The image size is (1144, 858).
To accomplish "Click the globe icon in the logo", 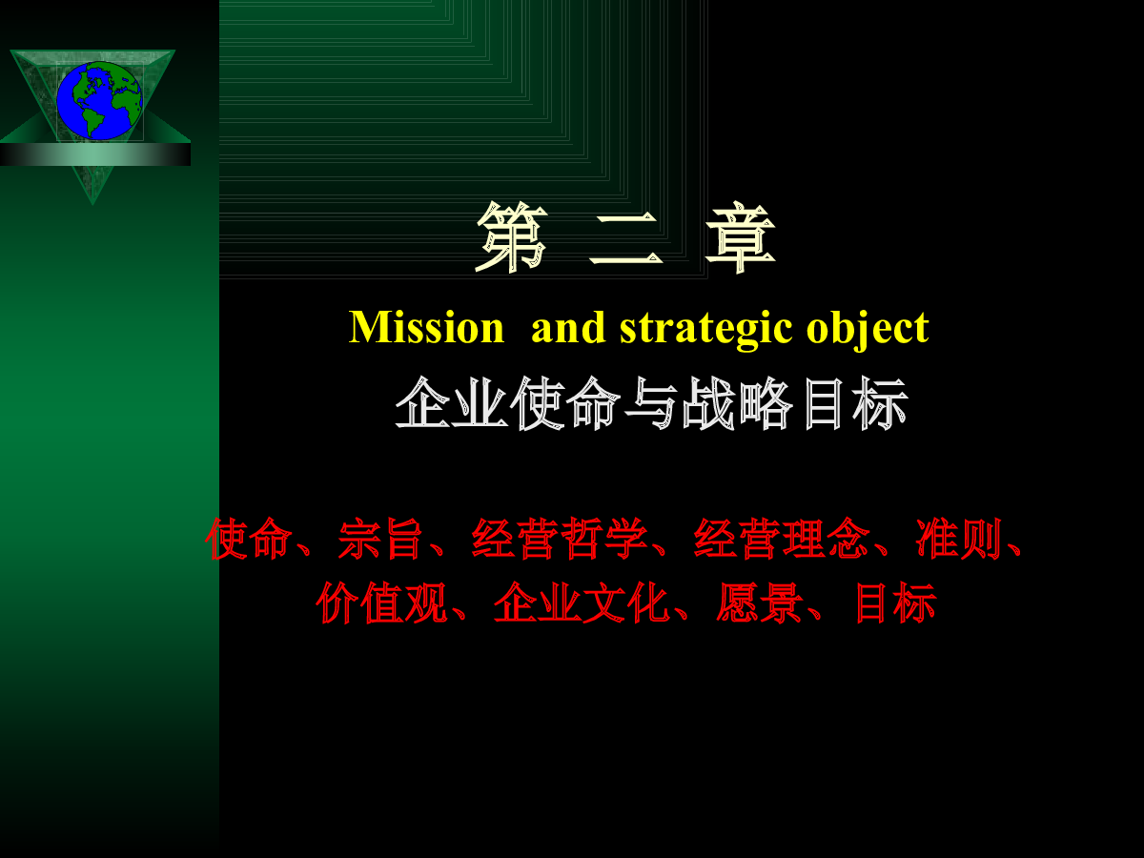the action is coord(99,100).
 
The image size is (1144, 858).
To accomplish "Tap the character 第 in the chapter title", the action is coord(511,237).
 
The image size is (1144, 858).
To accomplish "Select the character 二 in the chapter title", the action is coord(626,240).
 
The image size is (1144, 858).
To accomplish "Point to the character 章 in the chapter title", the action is coord(741,237).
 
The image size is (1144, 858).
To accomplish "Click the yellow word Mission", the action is coord(426,327).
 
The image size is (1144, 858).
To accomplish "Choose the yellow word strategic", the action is coord(705,329).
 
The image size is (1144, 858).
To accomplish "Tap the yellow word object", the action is coord(868,329).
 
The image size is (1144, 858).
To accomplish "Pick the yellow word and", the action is coord(568,327).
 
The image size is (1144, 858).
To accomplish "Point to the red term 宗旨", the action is coord(379,539).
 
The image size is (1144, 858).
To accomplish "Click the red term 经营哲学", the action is coord(560,539).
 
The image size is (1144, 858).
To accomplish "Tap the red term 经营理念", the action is coord(782,539).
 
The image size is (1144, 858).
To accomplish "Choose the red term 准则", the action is coord(959,539).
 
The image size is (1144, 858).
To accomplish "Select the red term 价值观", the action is coord(382,603).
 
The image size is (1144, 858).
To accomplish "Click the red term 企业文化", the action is coord(582,603).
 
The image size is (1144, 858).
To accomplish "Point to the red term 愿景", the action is coord(760,603).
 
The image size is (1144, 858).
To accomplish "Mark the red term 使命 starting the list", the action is coord(249,539).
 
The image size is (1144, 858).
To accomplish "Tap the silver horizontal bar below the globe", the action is coord(95,154).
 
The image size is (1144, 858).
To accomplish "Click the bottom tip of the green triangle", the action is coord(92,205).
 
